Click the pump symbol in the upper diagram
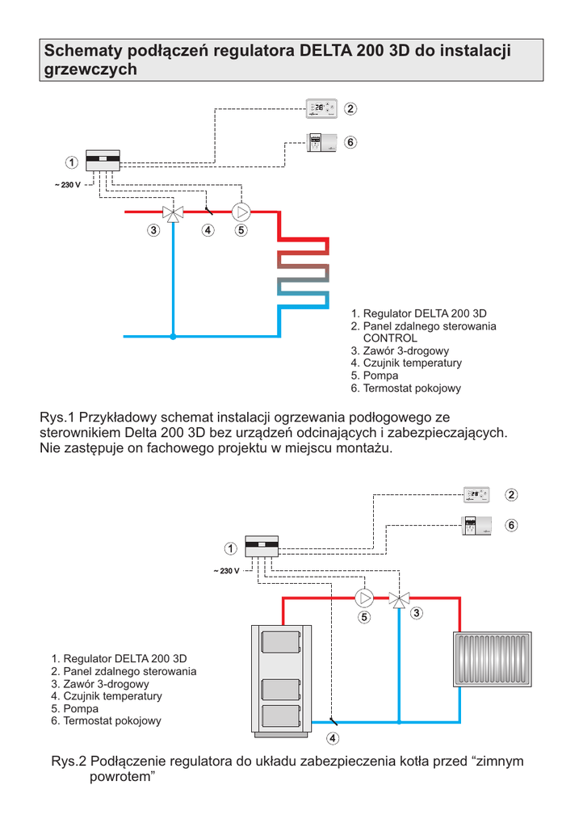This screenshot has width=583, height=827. tap(241, 212)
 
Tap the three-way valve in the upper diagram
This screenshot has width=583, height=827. tap(173, 212)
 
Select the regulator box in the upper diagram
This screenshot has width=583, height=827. tap(103, 160)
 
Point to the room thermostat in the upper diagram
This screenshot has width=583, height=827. tap(322, 143)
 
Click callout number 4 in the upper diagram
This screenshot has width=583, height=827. tap(208, 230)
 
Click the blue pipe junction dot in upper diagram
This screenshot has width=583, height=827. tap(173, 335)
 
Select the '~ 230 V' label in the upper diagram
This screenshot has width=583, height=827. tap(68, 186)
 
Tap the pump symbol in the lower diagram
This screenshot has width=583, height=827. tap(364, 598)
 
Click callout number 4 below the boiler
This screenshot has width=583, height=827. tap(333, 738)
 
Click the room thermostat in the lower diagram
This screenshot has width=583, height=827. tap(476, 526)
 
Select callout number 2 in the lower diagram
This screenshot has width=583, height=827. tap(511, 494)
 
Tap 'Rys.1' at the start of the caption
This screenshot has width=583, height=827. tap(57, 418)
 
